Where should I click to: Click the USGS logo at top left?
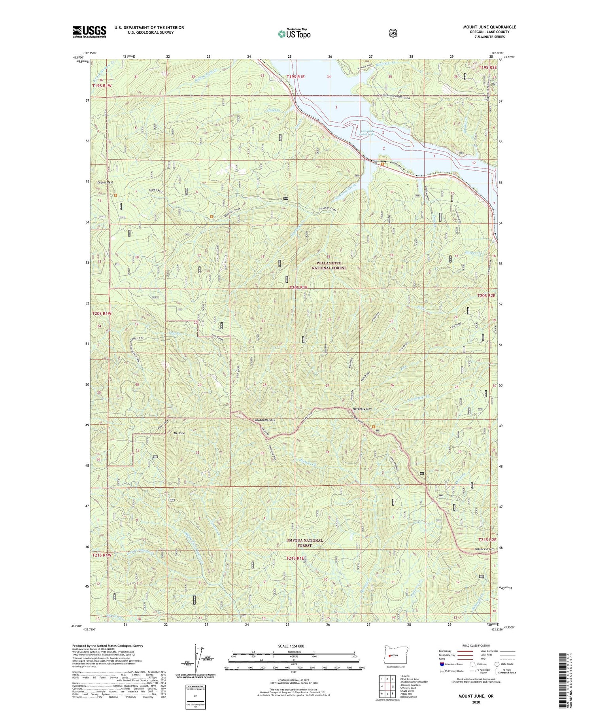89,32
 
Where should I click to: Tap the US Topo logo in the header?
294,34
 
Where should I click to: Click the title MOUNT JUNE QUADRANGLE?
489,27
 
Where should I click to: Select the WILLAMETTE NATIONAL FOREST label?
329,265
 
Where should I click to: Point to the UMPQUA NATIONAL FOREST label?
305,543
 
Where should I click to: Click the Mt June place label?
179,433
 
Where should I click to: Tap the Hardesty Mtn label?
362,409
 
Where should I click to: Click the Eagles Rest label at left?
105,182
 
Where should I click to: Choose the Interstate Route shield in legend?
442,664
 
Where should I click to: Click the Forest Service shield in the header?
393,34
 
